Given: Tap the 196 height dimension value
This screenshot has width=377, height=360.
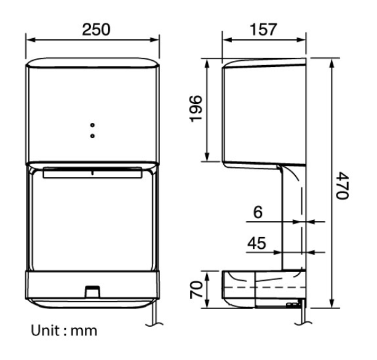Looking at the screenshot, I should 196,109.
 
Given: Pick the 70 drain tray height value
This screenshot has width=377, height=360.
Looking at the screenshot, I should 196,289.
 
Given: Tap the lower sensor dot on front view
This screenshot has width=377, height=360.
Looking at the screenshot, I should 92,133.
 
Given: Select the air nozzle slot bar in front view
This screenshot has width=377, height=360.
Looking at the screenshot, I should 92,174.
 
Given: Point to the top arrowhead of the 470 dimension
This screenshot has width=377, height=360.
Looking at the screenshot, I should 332,62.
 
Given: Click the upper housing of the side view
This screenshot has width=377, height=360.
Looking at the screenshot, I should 264,111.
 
